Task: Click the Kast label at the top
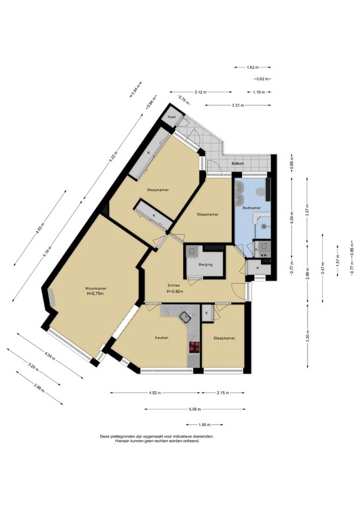[x=172, y=117]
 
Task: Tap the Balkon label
[x=237, y=163]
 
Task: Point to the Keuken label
[x=161, y=337]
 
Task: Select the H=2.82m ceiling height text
[x=174, y=292]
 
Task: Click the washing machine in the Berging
[x=193, y=251]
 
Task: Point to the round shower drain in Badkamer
[x=264, y=225]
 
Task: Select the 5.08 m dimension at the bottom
[x=194, y=409]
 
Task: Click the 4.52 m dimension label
[x=156, y=393]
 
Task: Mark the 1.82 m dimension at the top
[x=251, y=68]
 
